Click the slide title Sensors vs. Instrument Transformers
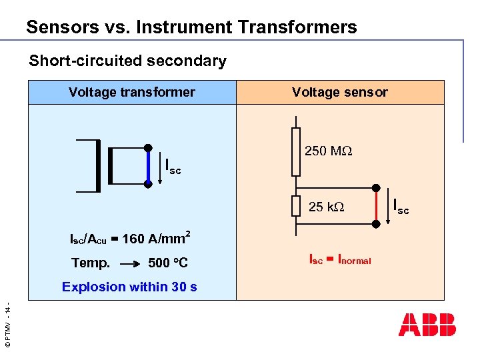191,27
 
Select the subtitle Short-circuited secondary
127,61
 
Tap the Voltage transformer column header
132,93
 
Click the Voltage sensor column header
339,93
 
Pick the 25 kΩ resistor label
326,207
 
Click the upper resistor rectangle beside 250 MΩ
296,151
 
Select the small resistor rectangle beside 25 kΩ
296,207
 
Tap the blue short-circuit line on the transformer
149,165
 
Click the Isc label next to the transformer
173,165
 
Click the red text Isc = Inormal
339,259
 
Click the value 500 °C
168,263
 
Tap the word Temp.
91,263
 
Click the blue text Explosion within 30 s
129,287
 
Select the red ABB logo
427,324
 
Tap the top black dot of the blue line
149,148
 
